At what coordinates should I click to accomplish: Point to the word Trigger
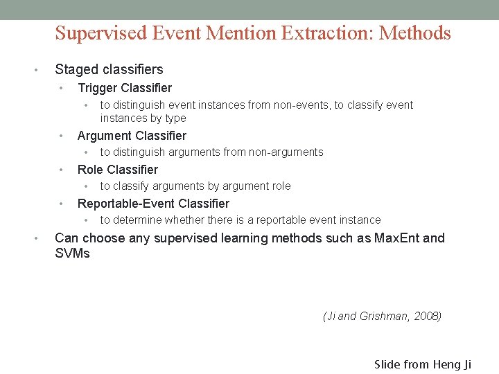click(97, 88)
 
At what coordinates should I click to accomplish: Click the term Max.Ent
click(396, 238)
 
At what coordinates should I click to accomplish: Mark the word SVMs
click(72, 253)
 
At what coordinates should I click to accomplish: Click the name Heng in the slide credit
click(452, 364)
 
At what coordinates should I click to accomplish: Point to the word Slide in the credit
click(388, 364)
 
